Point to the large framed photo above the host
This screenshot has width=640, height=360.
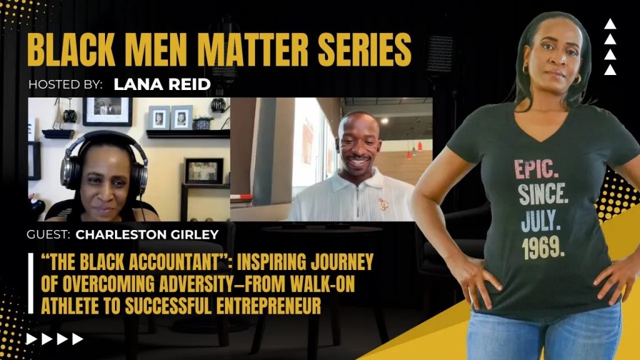(x=107, y=111)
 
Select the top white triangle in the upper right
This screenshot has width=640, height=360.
(x=610, y=24)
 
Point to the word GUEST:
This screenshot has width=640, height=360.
(x=48, y=235)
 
